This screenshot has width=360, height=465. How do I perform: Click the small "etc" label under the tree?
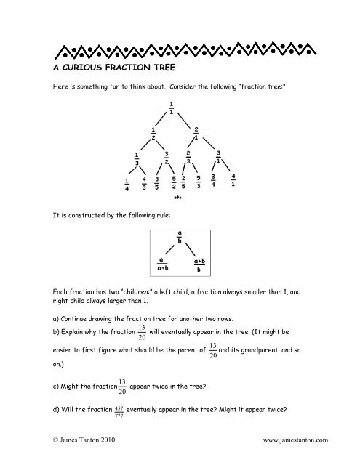point(178,197)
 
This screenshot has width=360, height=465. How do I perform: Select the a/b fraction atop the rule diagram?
point(180,238)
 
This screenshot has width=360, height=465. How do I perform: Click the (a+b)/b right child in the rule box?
point(199,263)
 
